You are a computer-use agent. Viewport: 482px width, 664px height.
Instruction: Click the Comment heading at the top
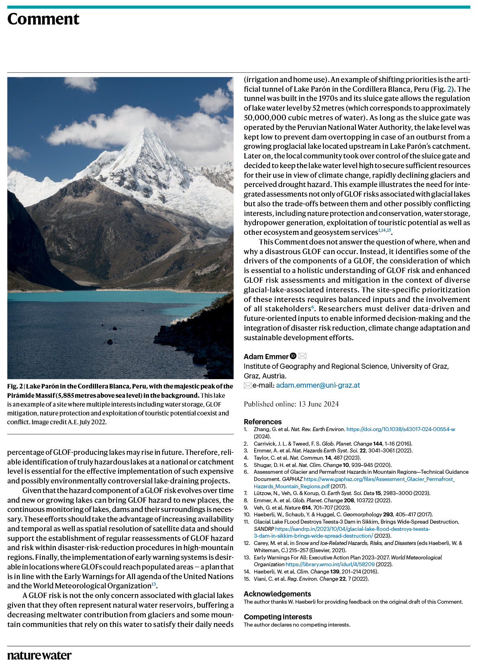[x=43, y=19]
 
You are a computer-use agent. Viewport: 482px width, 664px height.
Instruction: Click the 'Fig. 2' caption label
[x=15, y=386]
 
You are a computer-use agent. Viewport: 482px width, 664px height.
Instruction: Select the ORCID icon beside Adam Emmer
[x=293, y=356]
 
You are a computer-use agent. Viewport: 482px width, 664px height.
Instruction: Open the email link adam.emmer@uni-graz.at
[x=318, y=385]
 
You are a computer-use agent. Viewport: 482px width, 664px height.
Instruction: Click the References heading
[x=263, y=421]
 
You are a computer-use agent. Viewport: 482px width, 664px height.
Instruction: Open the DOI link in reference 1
[x=400, y=430]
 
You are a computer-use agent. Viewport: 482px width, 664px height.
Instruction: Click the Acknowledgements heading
[x=277, y=594]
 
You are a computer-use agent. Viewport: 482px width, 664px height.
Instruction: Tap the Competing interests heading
[x=278, y=617]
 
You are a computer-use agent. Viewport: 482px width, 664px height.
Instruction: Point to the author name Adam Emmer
[x=266, y=356]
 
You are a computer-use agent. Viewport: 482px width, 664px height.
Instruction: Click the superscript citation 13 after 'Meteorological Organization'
[x=153, y=584]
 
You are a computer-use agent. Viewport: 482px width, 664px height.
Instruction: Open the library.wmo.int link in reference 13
[x=330, y=564]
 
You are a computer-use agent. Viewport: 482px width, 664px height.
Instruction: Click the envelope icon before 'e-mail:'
[x=248, y=386]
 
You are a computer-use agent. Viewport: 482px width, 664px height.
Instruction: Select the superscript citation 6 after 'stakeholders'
[x=313, y=307]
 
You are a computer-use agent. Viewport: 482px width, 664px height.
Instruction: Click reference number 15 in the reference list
[x=247, y=579]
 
